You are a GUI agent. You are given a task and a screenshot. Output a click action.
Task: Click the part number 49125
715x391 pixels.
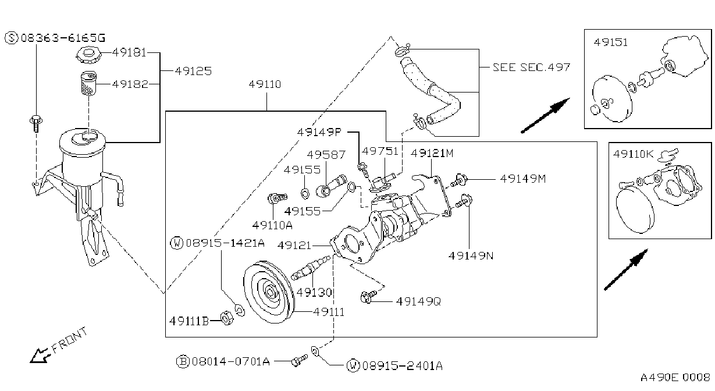click(193, 71)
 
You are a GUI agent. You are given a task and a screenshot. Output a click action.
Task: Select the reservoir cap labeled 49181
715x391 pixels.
click(88, 55)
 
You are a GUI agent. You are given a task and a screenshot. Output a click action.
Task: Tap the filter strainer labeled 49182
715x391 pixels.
click(88, 83)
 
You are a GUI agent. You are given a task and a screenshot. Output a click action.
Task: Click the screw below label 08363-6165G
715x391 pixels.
click(35, 123)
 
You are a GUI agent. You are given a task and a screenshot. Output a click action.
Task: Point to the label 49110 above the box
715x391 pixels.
click(265, 84)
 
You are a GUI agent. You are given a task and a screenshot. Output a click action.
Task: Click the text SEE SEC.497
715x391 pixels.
click(532, 67)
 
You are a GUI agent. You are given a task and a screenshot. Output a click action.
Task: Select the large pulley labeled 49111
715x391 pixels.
click(269, 292)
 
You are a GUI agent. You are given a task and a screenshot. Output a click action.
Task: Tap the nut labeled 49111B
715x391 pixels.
click(227, 318)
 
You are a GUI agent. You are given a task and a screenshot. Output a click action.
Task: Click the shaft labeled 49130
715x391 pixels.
click(310, 269)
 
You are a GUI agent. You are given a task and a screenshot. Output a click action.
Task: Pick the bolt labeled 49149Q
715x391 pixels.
click(368, 297)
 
